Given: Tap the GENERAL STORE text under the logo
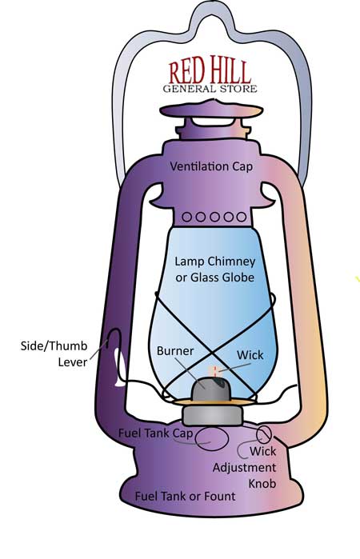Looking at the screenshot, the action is click(210, 89).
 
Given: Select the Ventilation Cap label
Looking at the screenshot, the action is click(211, 166).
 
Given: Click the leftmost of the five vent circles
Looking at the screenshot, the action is click(187, 217).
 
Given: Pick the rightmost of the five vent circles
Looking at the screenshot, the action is click(242, 217).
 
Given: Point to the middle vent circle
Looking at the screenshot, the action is click(214, 217).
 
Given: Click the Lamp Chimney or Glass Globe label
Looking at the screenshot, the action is click(215, 270).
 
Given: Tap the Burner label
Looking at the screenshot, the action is click(175, 351).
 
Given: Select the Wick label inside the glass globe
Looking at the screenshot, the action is click(250, 355).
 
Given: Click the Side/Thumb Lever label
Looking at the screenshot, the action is click(54, 354).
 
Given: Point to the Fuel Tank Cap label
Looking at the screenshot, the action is click(155, 433).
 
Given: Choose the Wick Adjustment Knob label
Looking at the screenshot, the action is click(245, 467).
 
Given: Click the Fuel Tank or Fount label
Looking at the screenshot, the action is click(185, 496).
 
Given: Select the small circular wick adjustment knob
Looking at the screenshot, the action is click(264, 434).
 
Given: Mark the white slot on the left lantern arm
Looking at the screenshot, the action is click(119, 367).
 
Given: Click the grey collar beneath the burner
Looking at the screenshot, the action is click(213, 415).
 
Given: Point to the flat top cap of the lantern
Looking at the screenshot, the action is click(211, 109).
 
